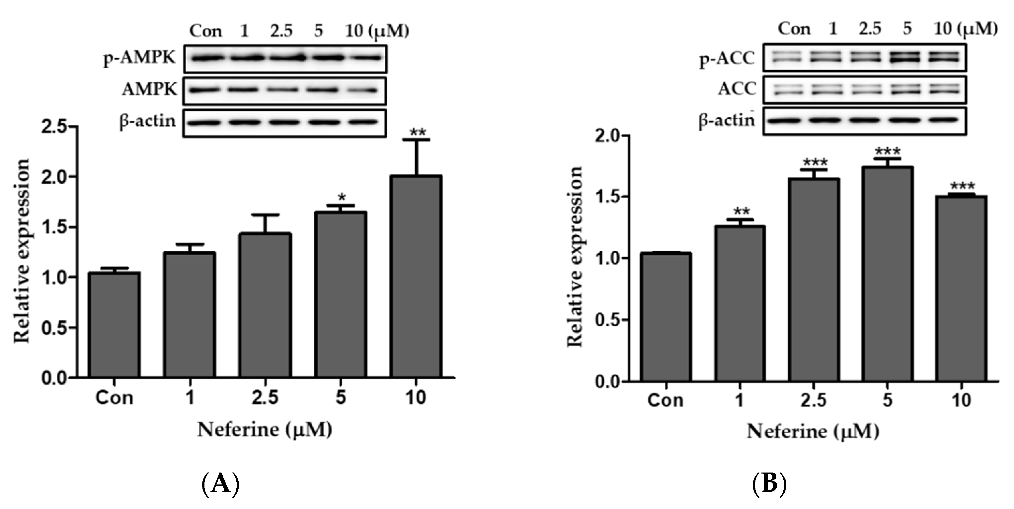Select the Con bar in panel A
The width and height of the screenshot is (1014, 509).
(114, 325)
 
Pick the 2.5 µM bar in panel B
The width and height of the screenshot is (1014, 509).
(814, 280)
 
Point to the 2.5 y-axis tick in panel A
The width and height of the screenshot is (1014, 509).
(55, 127)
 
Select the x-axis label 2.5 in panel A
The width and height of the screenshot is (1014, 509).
(265, 398)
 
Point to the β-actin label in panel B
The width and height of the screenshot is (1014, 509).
(727, 120)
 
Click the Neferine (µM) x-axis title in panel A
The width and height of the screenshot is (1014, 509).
(265, 429)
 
